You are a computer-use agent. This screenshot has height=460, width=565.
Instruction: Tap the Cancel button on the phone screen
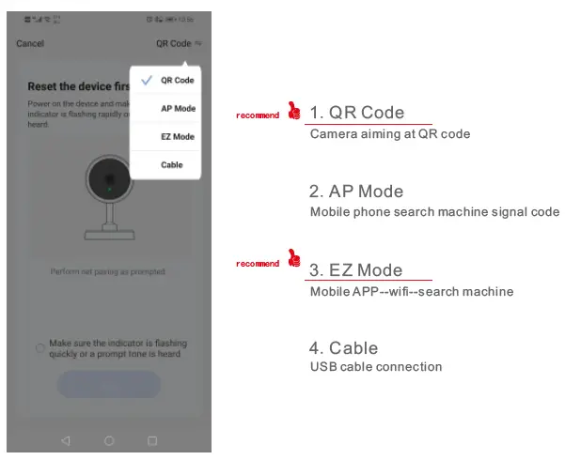(x=30, y=43)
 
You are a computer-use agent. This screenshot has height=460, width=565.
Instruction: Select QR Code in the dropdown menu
(x=177, y=81)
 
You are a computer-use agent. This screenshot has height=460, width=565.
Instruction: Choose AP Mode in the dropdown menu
(x=178, y=109)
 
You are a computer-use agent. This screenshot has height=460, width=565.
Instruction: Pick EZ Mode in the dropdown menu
(x=178, y=137)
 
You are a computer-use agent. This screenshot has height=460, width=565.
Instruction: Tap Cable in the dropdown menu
(x=172, y=165)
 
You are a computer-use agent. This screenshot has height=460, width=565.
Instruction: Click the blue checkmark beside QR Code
(x=146, y=81)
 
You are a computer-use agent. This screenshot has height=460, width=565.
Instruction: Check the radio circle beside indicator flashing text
(x=40, y=348)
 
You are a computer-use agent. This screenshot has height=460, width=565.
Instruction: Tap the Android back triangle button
(x=65, y=440)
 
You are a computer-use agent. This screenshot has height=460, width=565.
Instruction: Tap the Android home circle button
(x=109, y=440)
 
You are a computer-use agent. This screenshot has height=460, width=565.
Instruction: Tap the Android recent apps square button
(x=152, y=440)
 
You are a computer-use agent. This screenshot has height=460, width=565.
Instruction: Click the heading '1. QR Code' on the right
(x=357, y=113)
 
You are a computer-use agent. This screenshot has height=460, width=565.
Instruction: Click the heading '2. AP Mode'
(x=356, y=192)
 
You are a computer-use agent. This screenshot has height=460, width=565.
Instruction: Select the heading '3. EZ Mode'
(x=356, y=270)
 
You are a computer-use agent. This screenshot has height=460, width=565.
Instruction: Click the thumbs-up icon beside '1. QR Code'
(x=294, y=112)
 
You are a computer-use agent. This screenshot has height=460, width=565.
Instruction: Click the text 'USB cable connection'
(x=376, y=366)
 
